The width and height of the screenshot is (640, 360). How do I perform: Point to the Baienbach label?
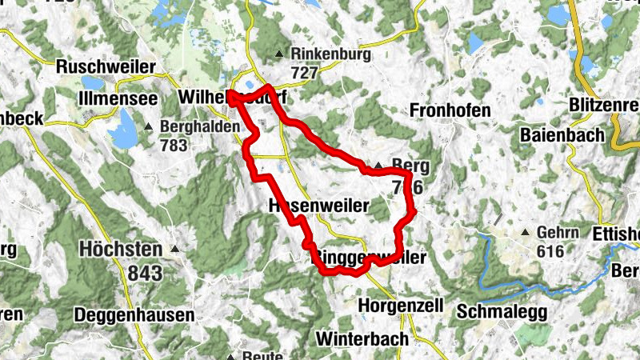[562, 135]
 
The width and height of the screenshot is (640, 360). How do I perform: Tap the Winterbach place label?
[362, 338]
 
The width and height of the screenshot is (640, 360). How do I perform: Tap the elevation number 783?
[174, 146]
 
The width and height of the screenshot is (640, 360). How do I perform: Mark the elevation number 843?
[144, 274]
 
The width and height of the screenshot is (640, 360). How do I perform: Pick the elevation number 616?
[551, 251]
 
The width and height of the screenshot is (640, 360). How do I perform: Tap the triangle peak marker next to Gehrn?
[525, 233]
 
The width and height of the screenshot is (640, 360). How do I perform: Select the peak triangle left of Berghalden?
[150, 127]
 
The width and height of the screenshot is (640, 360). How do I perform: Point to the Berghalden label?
[200, 127]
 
